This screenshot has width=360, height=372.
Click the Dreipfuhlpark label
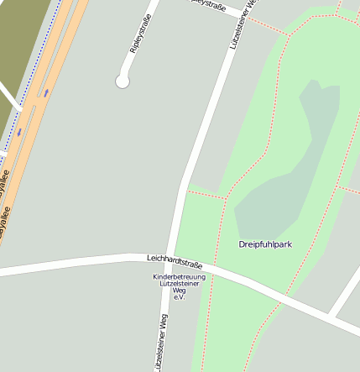click(265, 244)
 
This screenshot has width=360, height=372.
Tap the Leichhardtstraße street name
click(175, 262)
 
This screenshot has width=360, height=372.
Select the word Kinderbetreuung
click(179, 277)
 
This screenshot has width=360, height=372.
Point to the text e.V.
click(179, 297)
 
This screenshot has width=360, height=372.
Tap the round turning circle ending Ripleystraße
click(123, 81)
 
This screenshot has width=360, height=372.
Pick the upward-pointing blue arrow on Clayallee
click(46, 92)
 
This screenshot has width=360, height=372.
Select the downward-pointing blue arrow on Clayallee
click(18, 132)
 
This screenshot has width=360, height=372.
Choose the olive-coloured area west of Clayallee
click(21, 42)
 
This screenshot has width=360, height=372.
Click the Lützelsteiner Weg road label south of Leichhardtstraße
click(160, 340)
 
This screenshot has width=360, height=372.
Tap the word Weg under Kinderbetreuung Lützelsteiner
click(179, 291)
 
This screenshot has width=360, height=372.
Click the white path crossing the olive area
click(8, 94)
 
